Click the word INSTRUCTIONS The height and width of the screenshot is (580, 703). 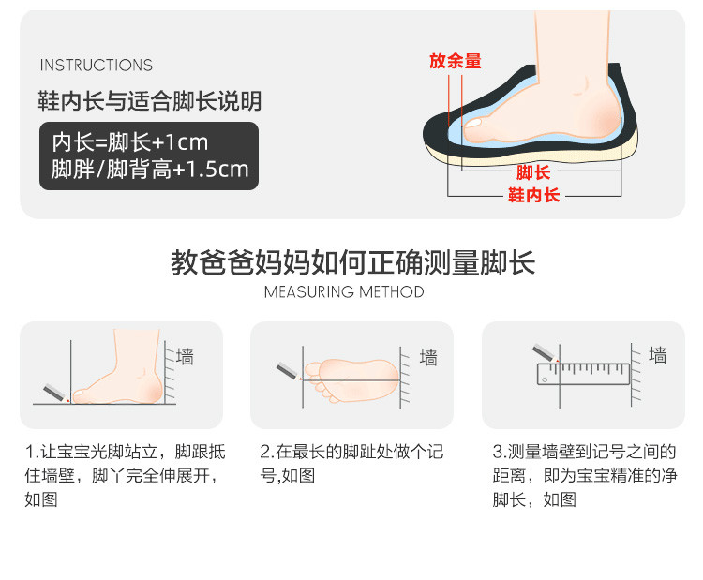point(97,65)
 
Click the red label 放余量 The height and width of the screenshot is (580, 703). point(455,61)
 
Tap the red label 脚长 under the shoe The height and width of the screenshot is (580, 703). point(533,172)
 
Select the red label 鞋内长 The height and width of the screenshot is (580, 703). point(534,195)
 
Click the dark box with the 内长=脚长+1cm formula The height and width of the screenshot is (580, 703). point(149,156)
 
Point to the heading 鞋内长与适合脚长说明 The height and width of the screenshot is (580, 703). point(150,101)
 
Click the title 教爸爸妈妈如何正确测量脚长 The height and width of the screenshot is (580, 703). point(352,262)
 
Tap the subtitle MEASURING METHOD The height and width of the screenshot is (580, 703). point(344,292)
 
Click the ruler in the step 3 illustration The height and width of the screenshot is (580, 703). point(583,374)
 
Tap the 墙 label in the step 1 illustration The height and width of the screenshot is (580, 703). point(185,357)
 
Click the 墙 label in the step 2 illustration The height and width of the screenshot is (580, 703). point(428,358)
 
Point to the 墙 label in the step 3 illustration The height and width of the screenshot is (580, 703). point(658,354)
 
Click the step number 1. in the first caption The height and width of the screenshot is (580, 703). point(32,452)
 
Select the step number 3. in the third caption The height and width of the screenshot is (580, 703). point(500,452)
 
